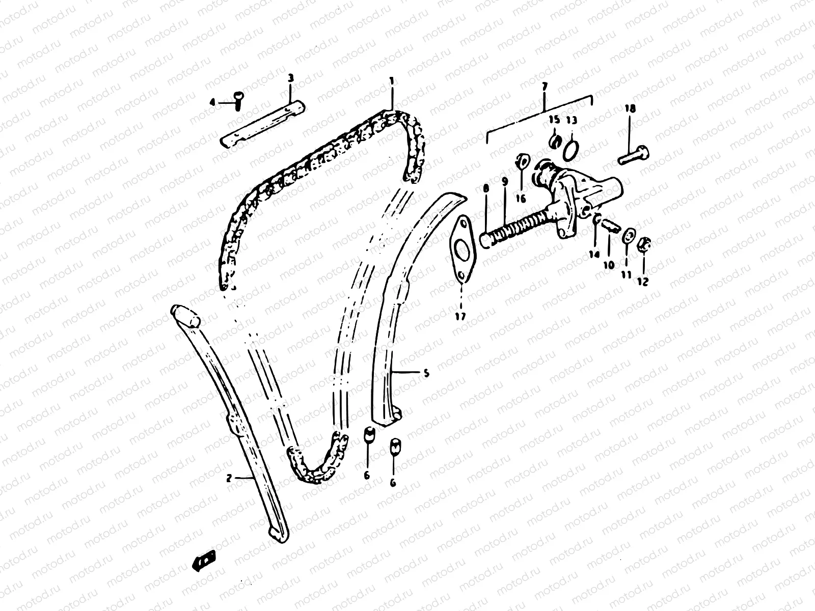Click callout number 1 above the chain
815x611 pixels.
click(391, 80)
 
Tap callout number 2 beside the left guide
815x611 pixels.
click(229, 478)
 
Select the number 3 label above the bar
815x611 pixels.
click(290, 78)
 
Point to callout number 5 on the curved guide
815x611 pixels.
click(426, 373)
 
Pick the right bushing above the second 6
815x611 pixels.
click(394, 446)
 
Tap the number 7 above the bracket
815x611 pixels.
click(544, 87)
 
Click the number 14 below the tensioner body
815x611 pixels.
click(592, 254)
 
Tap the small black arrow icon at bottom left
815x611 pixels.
click(204, 561)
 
